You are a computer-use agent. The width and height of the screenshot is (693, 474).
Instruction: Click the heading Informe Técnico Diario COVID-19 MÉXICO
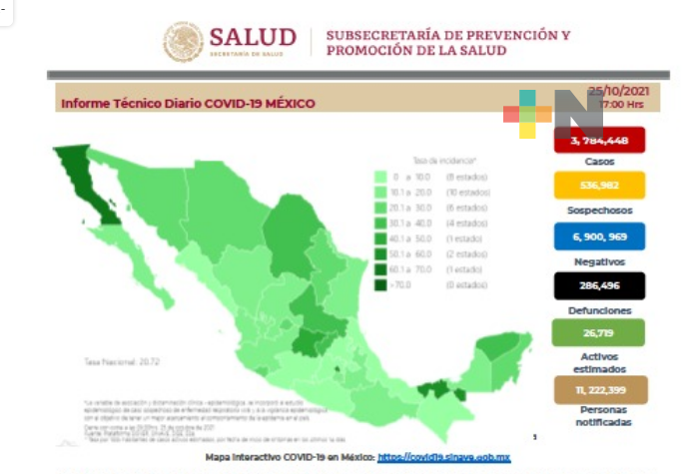[188, 103]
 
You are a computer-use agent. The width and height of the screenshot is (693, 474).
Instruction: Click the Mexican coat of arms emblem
[183, 42]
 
